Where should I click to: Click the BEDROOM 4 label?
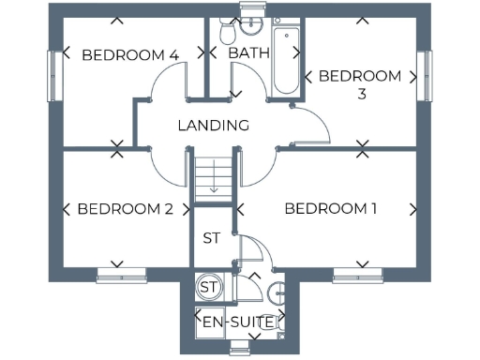click(130, 55)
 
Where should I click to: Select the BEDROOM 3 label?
click(360, 83)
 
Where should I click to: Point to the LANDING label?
click(214, 125)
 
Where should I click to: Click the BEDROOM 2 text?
click(125, 209)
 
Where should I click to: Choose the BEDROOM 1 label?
click(331, 208)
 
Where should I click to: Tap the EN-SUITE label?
click(240, 322)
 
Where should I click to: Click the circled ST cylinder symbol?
click(208, 287)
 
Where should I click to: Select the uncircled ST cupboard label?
click(212, 238)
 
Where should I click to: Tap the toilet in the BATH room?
click(225, 33)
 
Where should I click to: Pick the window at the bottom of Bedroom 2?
click(122, 274)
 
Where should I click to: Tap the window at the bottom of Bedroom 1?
click(359, 274)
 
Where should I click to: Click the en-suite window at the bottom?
click(240, 349)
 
